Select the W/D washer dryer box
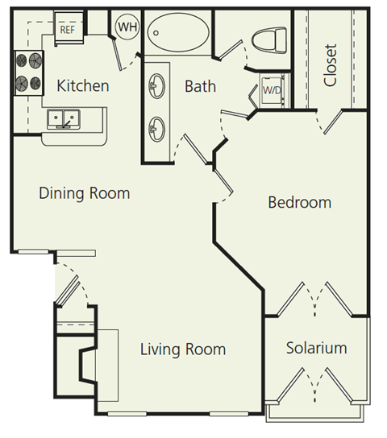pos(271,89)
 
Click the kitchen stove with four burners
pos(28,71)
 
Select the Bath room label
pos(200,85)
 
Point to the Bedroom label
pos(299,202)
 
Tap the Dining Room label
pos(84,194)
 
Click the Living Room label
pos(182,349)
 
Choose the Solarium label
pos(316,348)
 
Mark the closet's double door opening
pos(331,121)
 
